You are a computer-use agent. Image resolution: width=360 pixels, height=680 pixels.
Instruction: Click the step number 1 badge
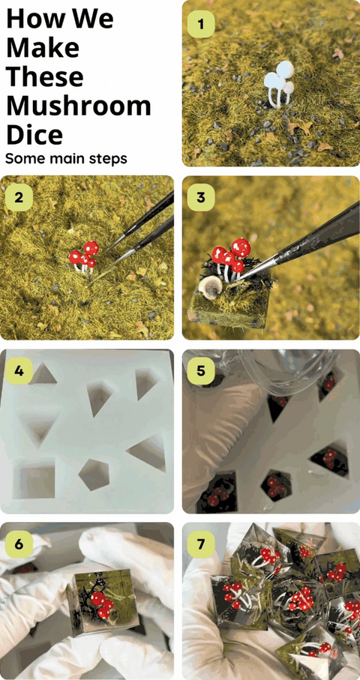pyautogui.click(x=201, y=24)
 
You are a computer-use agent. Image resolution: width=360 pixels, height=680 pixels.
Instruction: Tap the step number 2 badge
pyautogui.click(x=19, y=197)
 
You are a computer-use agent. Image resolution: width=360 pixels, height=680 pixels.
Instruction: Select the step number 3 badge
pyautogui.click(x=201, y=197)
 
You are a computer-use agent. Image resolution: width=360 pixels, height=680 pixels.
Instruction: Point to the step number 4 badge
pyautogui.click(x=19, y=371)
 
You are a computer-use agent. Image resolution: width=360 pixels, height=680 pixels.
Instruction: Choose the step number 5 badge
pyautogui.click(x=201, y=371)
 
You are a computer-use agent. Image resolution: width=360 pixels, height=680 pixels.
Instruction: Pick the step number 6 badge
pyautogui.click(x=19, y=544)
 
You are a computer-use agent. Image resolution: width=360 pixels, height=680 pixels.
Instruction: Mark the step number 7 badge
pyautogui.click(x=201, y=544)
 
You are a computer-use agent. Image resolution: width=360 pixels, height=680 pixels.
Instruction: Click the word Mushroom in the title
pyautogui.click(x=79, y=106)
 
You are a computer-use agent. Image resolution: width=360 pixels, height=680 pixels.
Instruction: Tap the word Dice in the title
pyautogui.click(x=34, y=134)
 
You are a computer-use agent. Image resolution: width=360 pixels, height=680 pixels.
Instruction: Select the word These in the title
pyautogui.click(x=45, y=76)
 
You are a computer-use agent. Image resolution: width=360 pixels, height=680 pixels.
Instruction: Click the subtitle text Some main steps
pyautogui.click(x=66, y=159)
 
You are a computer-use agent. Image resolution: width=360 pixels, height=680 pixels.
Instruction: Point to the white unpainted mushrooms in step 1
pyautogui.click(x=279, y=84)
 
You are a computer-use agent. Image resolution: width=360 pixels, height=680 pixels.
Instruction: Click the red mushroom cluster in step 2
pyautogui.click(x=84, y=258)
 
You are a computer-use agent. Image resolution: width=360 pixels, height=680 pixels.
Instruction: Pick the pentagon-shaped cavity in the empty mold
pyautogui.click(x=94, y=475)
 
